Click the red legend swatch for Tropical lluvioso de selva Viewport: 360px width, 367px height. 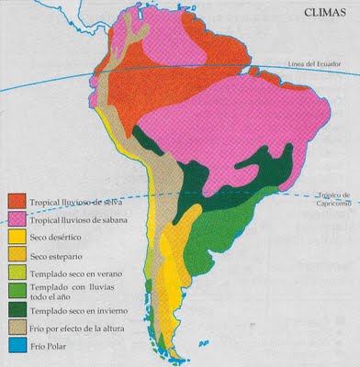[17, 201]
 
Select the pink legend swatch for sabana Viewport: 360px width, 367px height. [17, 220]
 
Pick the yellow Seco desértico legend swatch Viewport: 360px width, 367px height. [17, 238]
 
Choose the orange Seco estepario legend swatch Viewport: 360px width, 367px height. [17, 255]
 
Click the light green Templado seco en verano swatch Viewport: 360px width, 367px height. [17, 272]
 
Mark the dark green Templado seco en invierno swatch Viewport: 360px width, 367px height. [17, 310]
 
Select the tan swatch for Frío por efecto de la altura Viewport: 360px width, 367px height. [17, 328]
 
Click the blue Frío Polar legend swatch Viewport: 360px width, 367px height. [17, 345]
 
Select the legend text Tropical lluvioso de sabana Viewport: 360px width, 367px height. [78, 220]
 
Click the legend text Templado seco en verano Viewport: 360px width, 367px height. [73, 273]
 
